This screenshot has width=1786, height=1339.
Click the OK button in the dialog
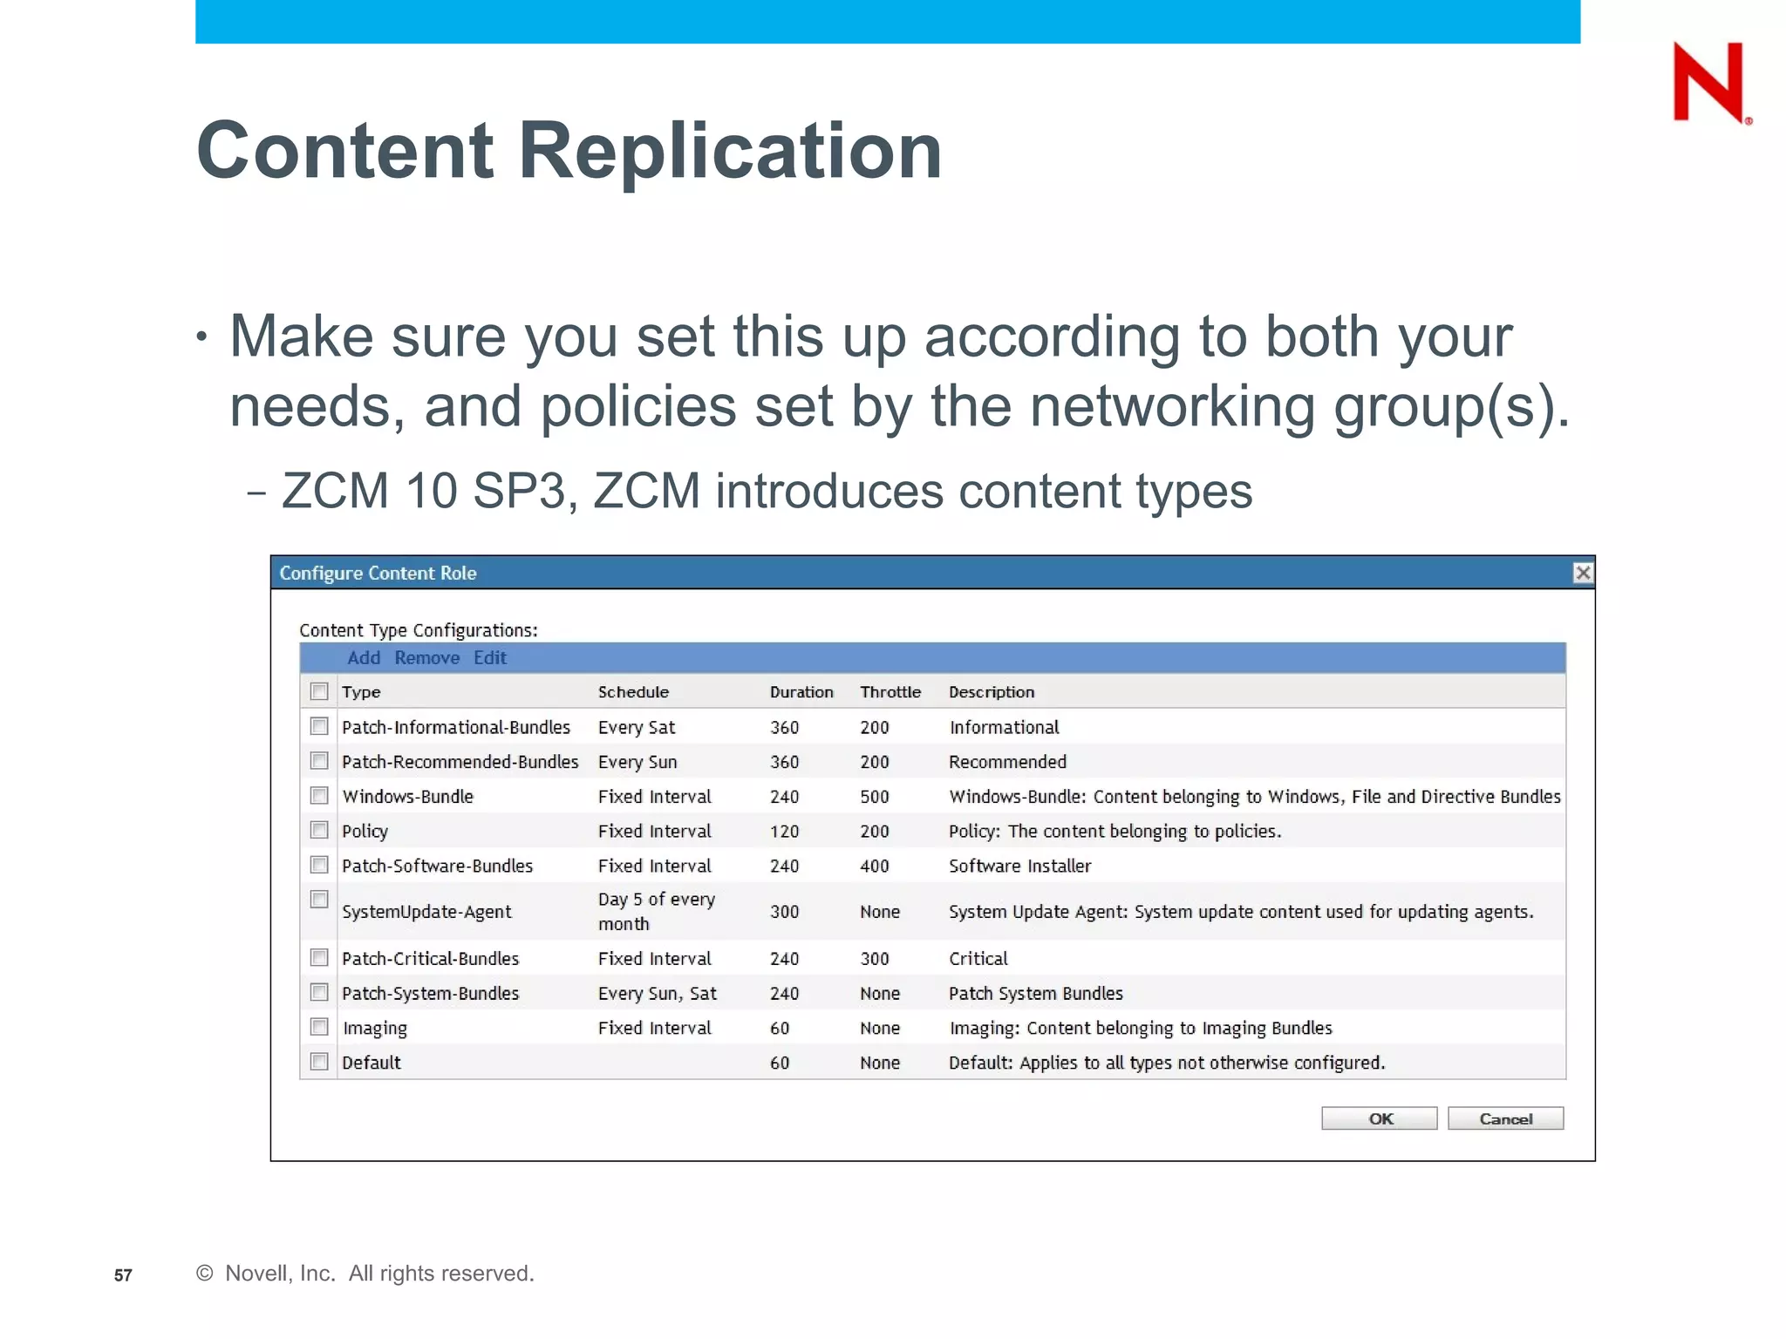pyautogui.click(x=1379, y=1118)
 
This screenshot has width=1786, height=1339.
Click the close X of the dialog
pyautogui.click(x=1582, y=573)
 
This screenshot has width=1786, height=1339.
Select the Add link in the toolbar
pyautogui.click(x=364, y=658)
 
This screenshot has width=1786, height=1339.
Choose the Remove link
pyautogui.click(x=426, y=658)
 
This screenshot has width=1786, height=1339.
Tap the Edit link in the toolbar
pyautogui.click(x=489, y=658)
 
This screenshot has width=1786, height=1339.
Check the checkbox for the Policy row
pyautogui.click(x=319, y=830)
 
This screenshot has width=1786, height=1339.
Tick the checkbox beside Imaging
pyautogui.click(x=319, y=1027)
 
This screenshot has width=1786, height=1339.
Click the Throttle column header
pyautogui.click(x=890, y=692)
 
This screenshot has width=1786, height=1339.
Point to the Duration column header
pyautogui.click(x=801, y=692)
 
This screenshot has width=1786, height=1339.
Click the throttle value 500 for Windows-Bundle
pyautogui.click(x=874, y=797)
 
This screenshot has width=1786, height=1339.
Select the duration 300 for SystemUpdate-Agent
pyautogui.click(x=784, y=912)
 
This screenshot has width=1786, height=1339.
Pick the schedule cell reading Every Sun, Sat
pyautogui.click(x=657, y=994)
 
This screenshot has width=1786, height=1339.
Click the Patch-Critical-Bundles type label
pyautogui.click(x=430, y=959)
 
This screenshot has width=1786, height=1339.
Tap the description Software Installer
pyautogui.click(x=1019, y=867)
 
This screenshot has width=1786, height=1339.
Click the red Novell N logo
pyautogui.click(x=1708, y=83)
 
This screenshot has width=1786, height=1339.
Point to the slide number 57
pyautogui.click(x=123, y=1275)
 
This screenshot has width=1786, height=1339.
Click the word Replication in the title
pyautogui.click(x=730, y=151)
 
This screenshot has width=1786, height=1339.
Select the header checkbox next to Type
pyautogui.click(x=319, y=691)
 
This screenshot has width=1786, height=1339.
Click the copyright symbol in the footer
pyautogui.click(x=205, y=1274)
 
